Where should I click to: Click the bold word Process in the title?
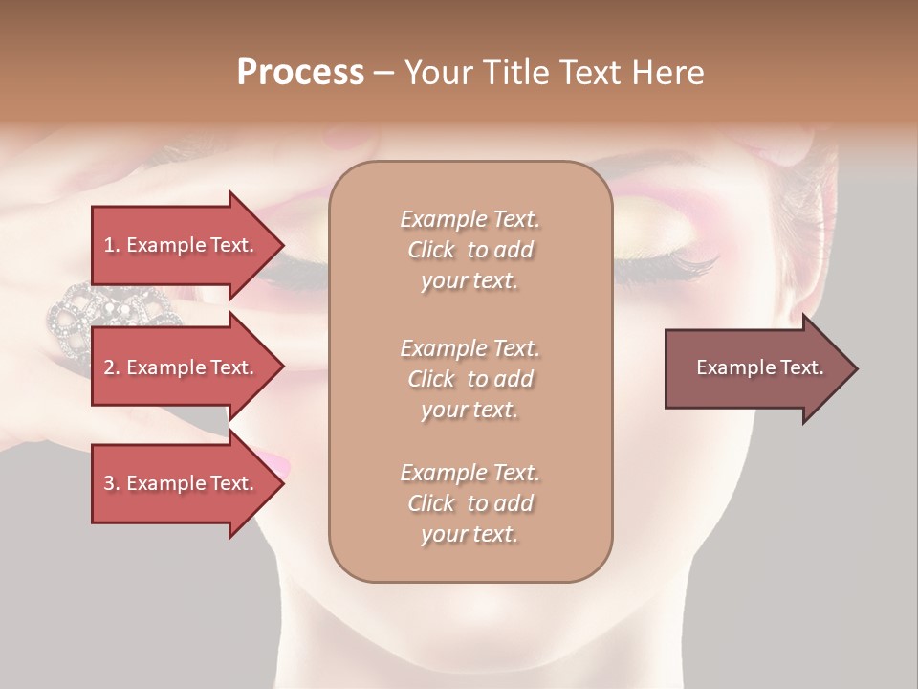point(300,73)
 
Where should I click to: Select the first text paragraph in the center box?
point(470,250)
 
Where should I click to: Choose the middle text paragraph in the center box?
point(470,378)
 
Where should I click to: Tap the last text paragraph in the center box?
point(470,503)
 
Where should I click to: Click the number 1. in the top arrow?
point(112,245)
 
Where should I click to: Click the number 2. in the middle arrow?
point(112,367)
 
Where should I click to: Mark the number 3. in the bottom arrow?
point(112,483)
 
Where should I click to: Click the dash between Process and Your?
point(383,74)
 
